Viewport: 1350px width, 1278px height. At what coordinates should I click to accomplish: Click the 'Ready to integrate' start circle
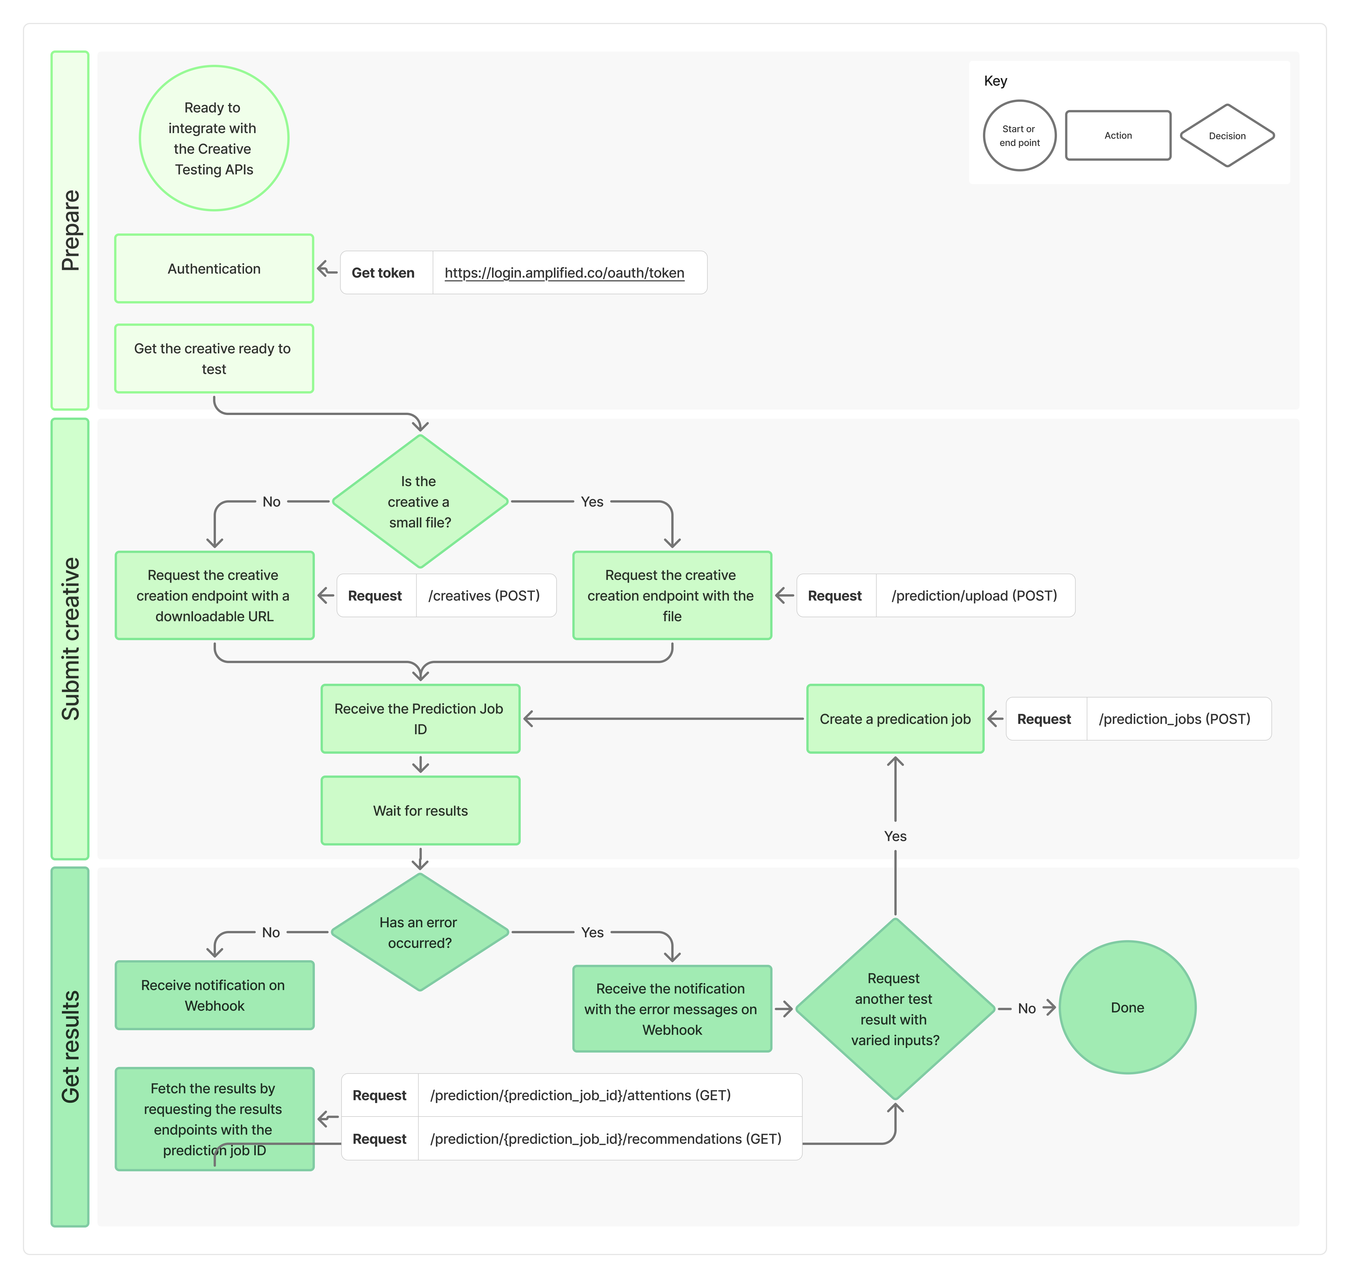click(214, 138)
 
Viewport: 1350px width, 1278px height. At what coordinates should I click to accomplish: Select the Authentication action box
click(214, 268)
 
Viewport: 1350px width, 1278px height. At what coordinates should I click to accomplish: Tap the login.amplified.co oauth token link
click(564, 273)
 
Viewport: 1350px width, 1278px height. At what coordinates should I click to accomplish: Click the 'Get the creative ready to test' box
click(214, 358)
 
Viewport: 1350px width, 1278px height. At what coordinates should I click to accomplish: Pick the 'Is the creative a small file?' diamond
click(420, 501)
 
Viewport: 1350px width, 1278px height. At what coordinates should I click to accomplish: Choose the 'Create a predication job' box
click(895, 719)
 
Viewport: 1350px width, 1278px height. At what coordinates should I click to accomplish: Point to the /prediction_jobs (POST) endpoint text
click(1174, 719)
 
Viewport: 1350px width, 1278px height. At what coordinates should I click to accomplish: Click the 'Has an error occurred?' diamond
click(420, 932)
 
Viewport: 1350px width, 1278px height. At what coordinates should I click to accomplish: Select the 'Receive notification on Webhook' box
click(214, 995)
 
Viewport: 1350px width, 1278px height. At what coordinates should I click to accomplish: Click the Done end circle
click(1127, 1008)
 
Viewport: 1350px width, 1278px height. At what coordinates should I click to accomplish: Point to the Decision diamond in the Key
click(1227, 136)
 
